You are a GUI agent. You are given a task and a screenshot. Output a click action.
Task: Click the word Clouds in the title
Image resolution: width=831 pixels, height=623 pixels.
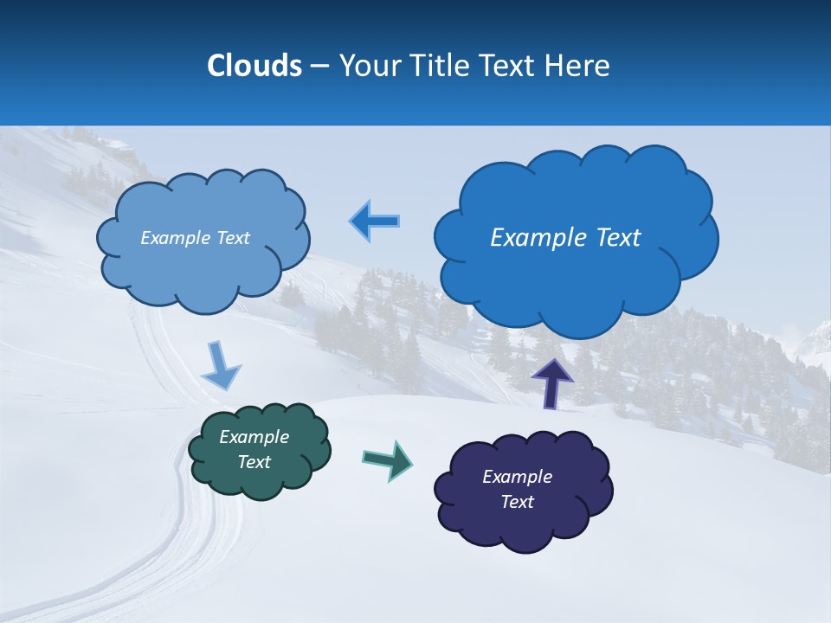(254, 66)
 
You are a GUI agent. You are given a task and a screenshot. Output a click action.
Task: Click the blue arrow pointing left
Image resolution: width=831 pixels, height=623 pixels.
(375, 222)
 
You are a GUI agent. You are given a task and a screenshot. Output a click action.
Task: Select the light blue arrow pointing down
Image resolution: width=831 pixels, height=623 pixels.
(221, 366)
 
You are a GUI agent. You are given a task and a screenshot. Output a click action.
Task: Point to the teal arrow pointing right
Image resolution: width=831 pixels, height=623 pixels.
(388, 459)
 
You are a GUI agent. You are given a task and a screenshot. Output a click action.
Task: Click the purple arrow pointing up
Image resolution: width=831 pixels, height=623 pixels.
(551, 383)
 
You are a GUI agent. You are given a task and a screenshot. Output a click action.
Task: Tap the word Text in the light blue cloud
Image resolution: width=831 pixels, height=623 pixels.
(232, 238)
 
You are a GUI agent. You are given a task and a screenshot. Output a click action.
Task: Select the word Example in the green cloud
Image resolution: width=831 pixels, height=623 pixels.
(254, 437)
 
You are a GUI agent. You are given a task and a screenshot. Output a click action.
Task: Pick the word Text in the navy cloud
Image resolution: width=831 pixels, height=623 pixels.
(517, 502)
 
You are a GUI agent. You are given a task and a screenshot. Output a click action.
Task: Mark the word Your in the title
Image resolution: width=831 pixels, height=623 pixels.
(367, 66)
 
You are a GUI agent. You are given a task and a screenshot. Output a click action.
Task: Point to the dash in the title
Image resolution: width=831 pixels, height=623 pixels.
(319, 66)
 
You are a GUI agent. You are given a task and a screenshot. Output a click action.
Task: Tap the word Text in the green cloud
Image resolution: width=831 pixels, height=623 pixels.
(254, 462)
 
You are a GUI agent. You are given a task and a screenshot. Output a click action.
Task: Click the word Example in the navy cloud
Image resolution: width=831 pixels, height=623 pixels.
(517, 477)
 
